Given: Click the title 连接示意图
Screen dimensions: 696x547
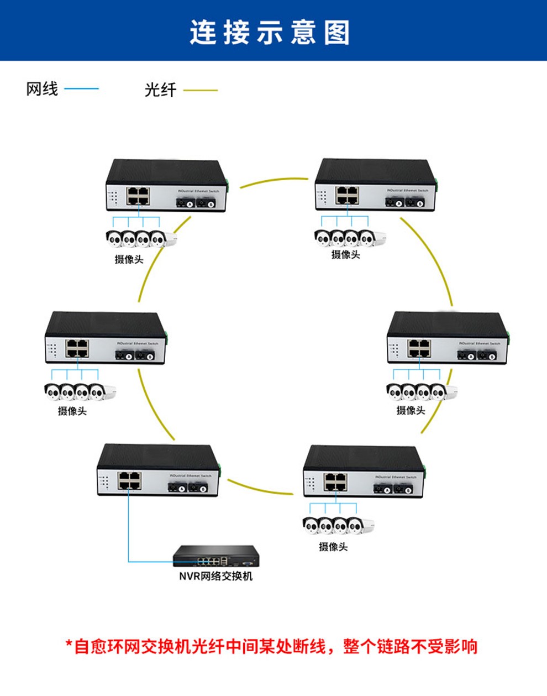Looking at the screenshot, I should (270, 32).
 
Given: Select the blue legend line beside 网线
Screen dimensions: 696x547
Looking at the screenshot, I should (81, 88).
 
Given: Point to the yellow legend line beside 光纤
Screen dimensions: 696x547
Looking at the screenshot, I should (200, 90).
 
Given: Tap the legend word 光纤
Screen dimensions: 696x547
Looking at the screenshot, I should (160, 90).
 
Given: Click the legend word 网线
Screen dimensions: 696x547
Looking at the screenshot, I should (42, 88).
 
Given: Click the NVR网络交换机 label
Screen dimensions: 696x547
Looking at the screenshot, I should (215, 576).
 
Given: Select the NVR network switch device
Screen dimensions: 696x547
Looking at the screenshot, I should (215, 556).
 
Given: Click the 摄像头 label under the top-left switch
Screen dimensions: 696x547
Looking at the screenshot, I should (129, 259).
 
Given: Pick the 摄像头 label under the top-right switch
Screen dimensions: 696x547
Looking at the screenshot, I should (345, 254).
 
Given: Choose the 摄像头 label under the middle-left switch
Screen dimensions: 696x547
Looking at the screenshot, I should (72, 411).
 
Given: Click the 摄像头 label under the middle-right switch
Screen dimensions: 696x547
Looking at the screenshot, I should (411, 410).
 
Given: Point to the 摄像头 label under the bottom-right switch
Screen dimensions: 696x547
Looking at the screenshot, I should (333, 547).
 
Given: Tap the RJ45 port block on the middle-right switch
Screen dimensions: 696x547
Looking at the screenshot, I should (420, 348).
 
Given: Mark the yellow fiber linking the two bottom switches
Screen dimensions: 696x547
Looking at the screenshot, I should (260, 488).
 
